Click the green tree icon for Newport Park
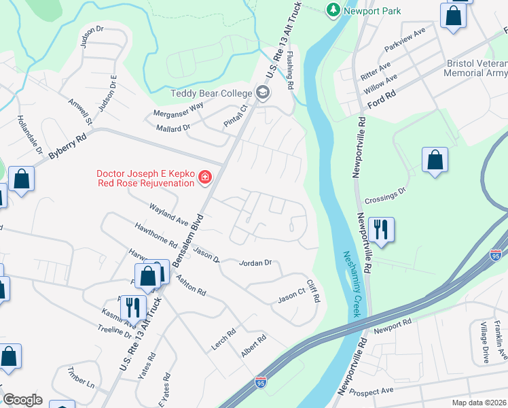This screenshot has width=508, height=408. tap(333, 10)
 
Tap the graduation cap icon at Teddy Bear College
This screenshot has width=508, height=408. tap(261, 92)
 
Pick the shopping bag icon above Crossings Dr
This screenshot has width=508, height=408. tap(435, 160)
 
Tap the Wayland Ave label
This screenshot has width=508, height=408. tap(168, 212)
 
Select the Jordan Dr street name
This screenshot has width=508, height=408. tap(256, 262)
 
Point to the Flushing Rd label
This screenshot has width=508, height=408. tap(290, 71)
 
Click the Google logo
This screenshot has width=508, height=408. tap(22, 400)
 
